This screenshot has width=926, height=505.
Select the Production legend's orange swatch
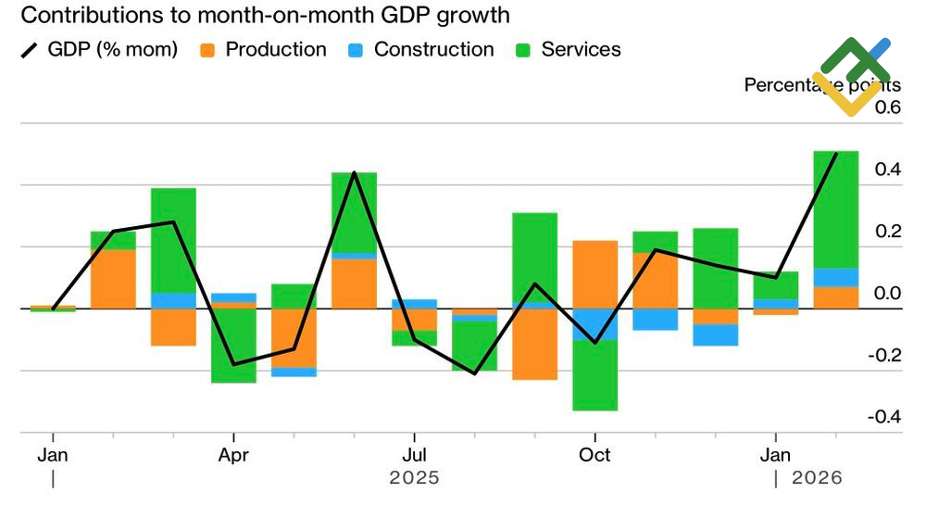click(x=207, y=50)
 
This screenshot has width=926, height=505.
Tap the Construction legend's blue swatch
click(x=356, y=50)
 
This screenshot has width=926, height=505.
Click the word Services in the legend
click(x=581, y=50)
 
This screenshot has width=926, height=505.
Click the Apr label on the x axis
click(x=233, y=455)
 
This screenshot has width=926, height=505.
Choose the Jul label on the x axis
click(x=414, y=455)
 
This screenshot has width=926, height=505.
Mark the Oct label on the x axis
click(x=594, y=455)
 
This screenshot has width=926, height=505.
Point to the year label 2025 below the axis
click(x=414, y=478)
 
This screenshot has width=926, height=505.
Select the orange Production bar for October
click(x=594, y=274)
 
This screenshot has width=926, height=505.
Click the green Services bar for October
click(x=594, y=375)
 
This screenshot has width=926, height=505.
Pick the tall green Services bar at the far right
click(x=835, y=208)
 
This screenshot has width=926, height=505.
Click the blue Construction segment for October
click(x=594, y=324)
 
